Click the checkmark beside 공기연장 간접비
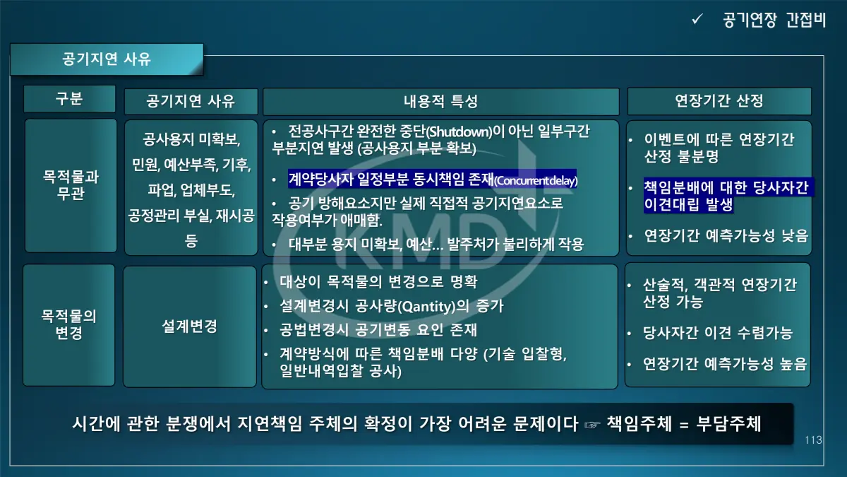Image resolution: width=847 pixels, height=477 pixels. [x=697, y=19]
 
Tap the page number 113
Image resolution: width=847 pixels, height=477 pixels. [x=813, y=440]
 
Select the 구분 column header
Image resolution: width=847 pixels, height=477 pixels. [x=69, y=98]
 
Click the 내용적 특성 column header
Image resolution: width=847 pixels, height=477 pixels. [x=441, y=101]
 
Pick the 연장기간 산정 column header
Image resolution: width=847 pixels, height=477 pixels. [x=719, y=100]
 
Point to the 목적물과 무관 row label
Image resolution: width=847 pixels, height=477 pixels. [x=71, y=184]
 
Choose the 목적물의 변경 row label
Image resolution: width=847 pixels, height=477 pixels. [x=69, y=324]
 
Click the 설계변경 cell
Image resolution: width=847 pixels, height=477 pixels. [x=189, y=326]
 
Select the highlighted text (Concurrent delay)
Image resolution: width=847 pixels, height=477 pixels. [x=536, y=181]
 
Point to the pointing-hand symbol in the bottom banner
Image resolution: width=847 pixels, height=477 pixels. [x=591, y=425]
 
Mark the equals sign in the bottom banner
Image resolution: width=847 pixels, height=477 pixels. [x=684, y=425]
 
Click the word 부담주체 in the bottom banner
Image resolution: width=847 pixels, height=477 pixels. [x=728, y=423]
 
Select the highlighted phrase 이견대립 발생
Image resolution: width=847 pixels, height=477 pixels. [x=688, y=204]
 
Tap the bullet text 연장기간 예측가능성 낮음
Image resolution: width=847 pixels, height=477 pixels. [x=726, y=235]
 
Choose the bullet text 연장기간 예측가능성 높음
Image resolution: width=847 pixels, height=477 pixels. [x=725, y=363]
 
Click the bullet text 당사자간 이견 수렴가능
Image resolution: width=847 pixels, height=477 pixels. [x=717, y=333]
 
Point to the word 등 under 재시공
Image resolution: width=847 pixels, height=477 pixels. [x=191, y=241]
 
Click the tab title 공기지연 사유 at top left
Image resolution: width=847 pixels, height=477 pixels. [x=107, y=59]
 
